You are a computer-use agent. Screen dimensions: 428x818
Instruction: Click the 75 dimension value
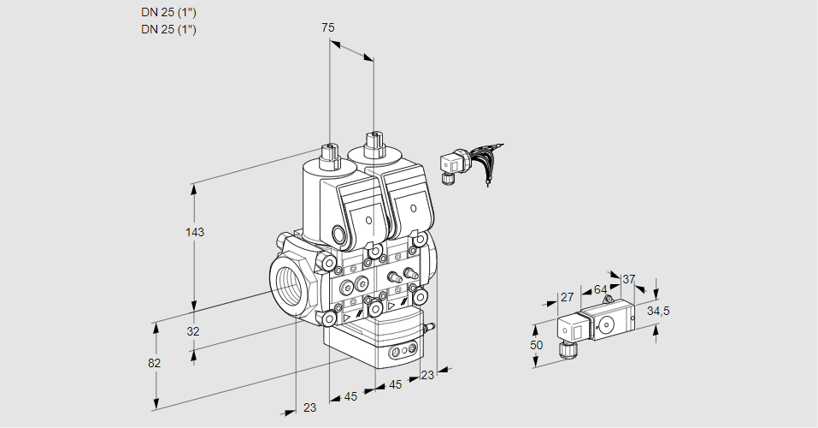coord(328,27)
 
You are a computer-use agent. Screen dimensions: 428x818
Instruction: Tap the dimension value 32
coord(193,331)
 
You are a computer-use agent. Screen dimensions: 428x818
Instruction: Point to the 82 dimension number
coord(154,363)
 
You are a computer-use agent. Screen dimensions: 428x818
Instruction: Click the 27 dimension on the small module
coord(567,297)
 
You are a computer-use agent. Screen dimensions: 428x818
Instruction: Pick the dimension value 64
coord(600,289)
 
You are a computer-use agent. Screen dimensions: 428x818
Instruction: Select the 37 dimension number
coord(629,279)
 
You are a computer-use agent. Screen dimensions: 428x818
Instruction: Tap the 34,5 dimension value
coord(658,311)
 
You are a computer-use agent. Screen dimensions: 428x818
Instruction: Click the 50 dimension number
coord(536,345)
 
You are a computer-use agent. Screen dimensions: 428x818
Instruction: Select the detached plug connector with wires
coord(450,163)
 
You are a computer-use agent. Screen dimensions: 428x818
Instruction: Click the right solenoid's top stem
coord(374,144)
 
